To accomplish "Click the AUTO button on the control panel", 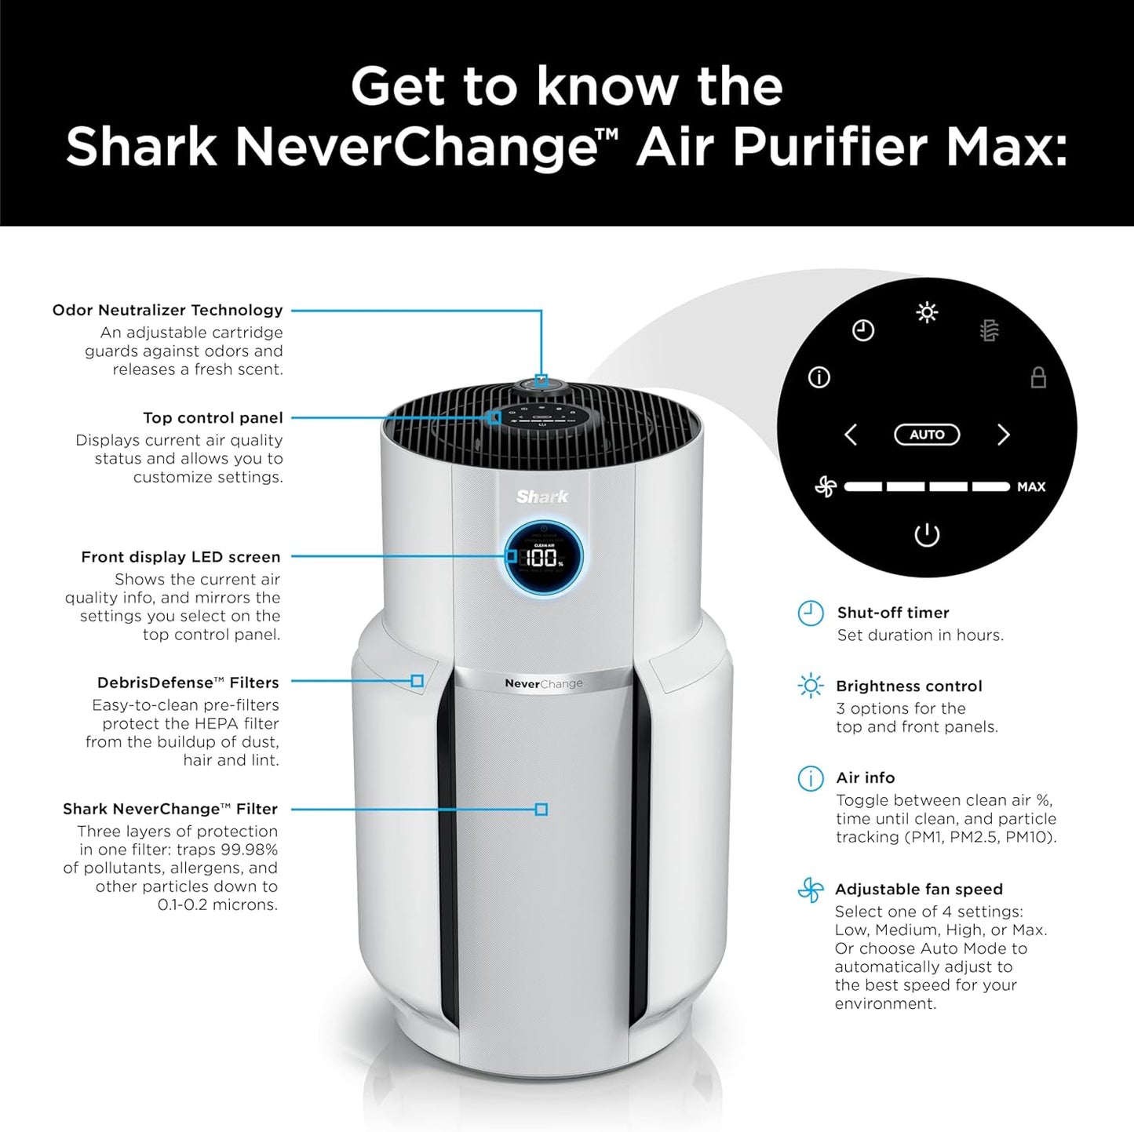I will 927,435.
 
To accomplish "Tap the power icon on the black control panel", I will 927,536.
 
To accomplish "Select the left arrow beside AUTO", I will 851,435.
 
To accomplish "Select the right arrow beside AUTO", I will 1003,435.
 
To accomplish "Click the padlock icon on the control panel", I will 1038,377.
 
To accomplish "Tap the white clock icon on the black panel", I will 863,330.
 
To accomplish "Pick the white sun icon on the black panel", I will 927,313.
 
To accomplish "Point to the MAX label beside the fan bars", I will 1030,487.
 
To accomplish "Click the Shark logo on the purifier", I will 541,497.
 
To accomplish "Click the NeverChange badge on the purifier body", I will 543,683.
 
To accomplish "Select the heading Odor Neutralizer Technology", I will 167,310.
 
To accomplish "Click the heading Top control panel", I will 213,418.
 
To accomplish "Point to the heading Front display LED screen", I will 180,557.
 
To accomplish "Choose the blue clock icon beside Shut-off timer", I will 811,613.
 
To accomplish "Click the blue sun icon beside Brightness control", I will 811,686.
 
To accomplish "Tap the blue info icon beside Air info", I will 811,778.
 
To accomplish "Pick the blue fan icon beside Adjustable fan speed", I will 811,890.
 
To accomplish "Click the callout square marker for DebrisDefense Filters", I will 418,681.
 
